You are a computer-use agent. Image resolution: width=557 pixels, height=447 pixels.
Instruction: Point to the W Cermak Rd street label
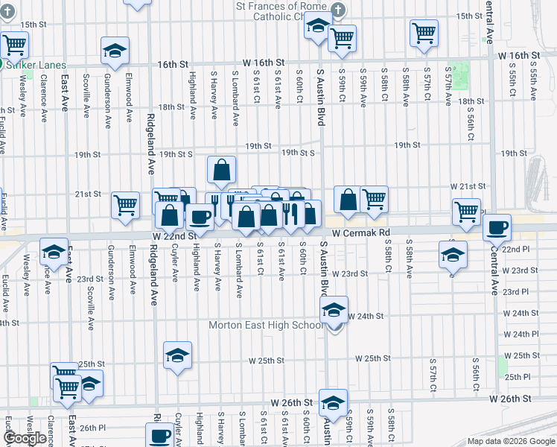[x=361, y=233]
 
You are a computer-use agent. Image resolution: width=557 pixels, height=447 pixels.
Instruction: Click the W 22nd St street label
[x=173, y=235]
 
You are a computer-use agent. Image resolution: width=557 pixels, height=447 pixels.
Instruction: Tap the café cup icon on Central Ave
[x=497, y=226]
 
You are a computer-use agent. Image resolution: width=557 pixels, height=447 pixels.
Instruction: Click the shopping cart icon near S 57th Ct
[x=423, y=32]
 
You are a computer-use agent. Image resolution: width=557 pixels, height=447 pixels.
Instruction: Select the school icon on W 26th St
[x=332, y=402]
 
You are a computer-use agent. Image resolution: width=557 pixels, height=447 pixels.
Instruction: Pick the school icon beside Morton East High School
[x=334, y=308]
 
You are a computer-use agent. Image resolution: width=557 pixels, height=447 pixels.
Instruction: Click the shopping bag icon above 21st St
[x=221, y=170]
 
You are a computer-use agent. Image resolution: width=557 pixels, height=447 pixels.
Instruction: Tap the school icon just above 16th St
[x=115, y=50]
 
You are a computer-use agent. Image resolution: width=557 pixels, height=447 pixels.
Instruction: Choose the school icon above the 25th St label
[x=177, y=355]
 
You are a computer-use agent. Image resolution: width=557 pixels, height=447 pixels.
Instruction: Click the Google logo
[x=25, y=438]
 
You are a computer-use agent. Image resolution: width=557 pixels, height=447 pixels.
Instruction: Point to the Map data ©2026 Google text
[x=511, y=441]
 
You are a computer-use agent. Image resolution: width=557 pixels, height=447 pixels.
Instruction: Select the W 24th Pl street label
[x=521, y=334]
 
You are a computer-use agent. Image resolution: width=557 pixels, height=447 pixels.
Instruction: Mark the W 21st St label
[x=468, y=186]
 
